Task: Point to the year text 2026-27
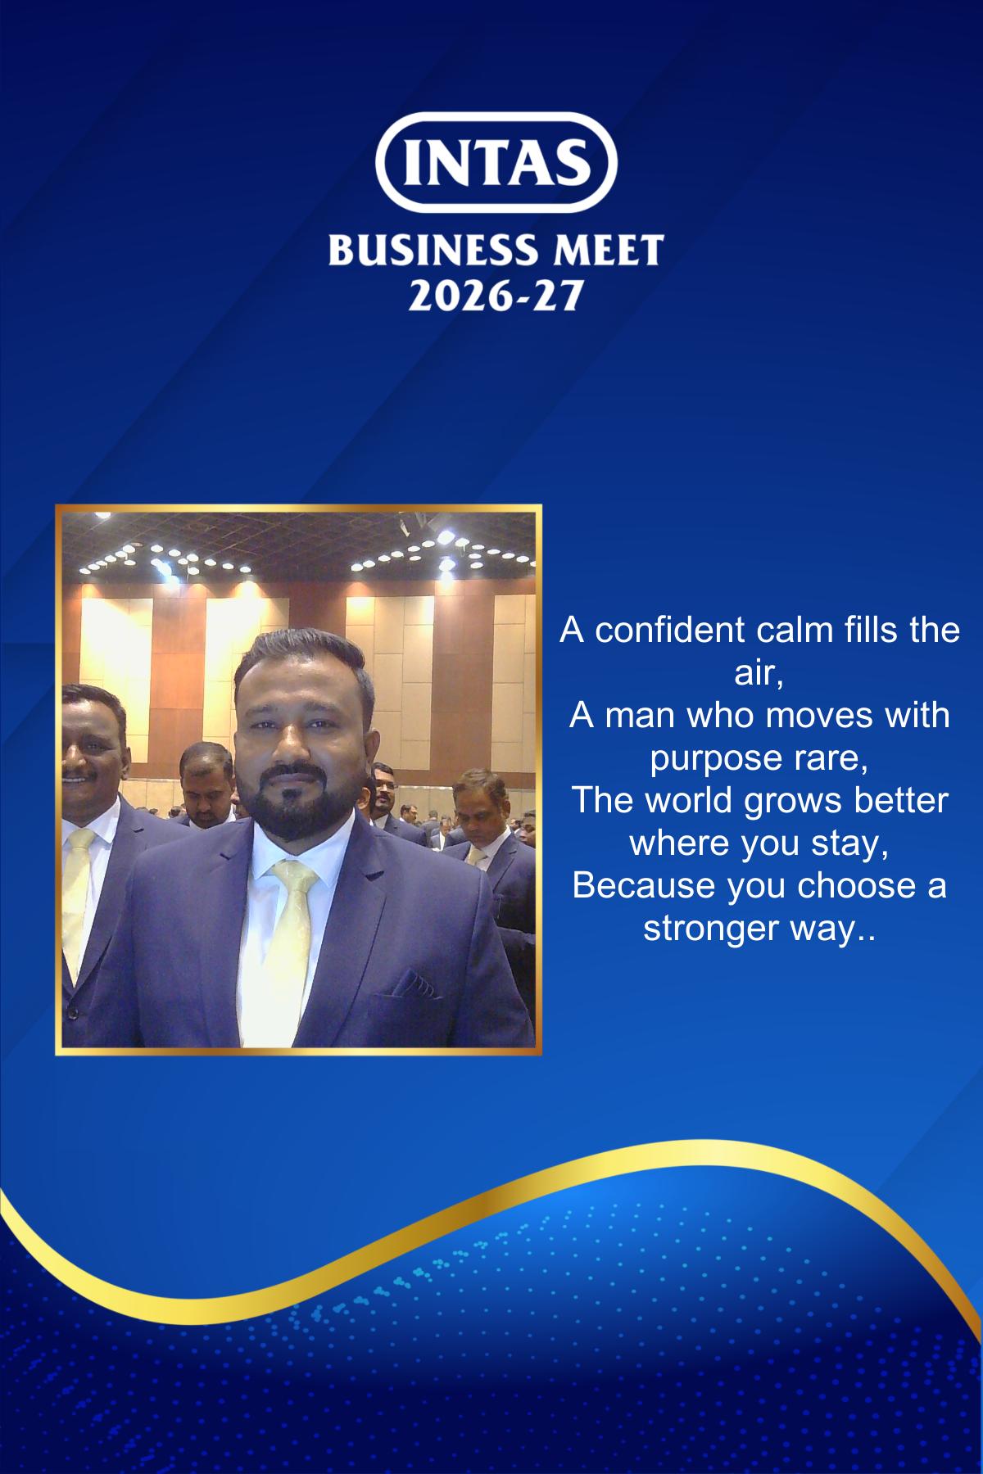coord(496,295)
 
